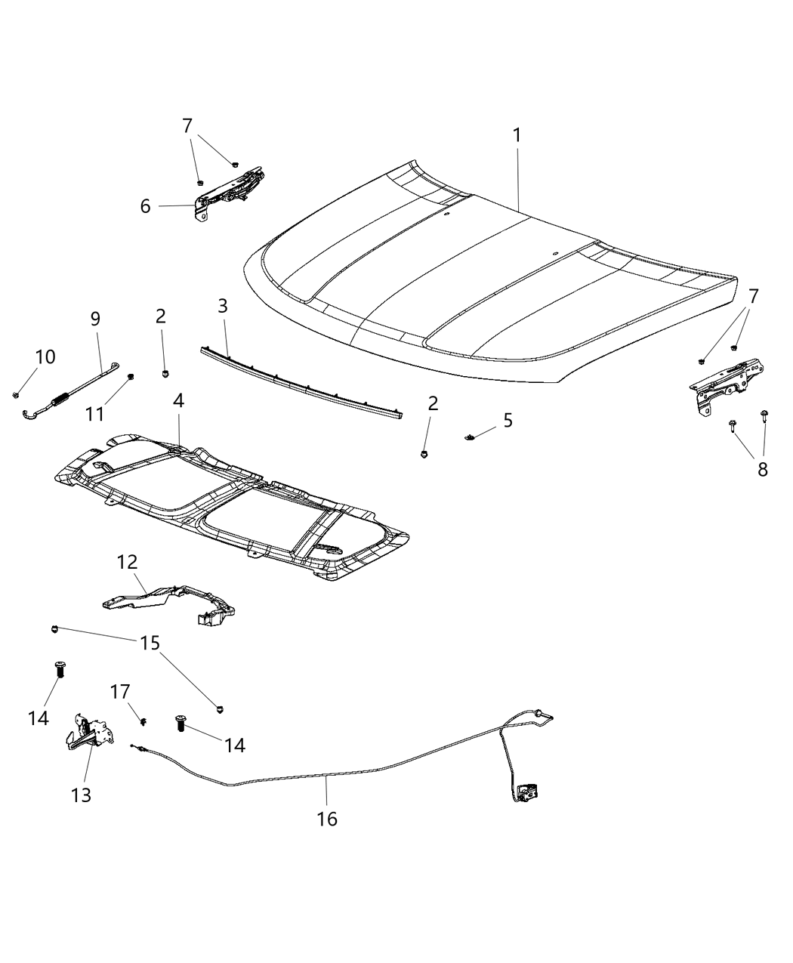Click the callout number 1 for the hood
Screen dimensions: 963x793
517,136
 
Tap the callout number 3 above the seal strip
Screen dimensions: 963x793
222,306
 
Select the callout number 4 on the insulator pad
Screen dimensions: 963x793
178,401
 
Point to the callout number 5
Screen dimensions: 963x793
508,420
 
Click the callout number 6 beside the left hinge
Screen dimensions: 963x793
146,205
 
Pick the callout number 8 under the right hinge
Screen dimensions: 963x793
762,470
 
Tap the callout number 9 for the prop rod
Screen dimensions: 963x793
95,319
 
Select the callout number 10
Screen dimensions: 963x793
45,356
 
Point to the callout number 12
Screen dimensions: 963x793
127,562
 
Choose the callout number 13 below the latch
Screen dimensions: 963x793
82,795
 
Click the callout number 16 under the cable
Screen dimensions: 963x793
327,818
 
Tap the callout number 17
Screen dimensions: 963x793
121,691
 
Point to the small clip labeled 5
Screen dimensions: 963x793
469,436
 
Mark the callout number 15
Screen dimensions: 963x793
150,643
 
